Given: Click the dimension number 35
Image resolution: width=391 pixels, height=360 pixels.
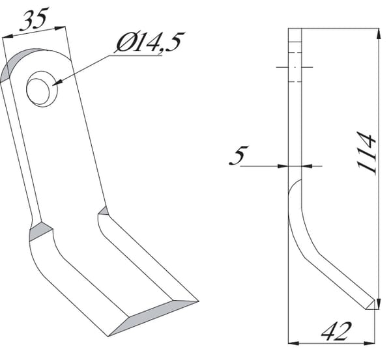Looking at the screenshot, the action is (x=34, y=19).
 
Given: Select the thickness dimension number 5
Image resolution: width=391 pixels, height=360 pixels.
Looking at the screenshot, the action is (x=239, y=155).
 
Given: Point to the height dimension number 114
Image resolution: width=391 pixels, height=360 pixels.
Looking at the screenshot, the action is (x=366, y=152).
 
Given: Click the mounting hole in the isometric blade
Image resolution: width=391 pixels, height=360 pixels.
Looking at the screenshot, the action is (x=42, y=89).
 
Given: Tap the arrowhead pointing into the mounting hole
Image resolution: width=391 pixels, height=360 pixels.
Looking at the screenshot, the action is (x=57, y=83).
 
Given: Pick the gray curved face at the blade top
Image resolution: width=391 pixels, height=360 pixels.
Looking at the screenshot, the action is (x=18, y=62).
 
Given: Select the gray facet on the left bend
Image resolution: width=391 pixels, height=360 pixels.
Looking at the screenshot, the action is (x=40, y=232).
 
